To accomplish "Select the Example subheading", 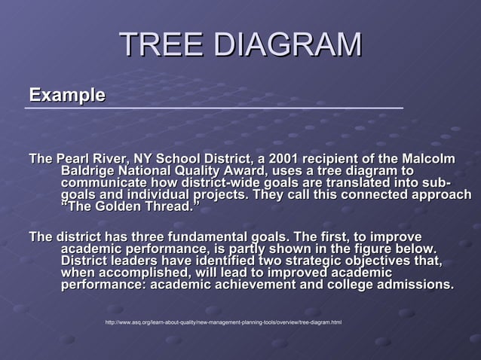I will (x=66, y=96).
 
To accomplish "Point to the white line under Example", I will (x=214, y=108).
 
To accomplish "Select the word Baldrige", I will (x=87, y=172).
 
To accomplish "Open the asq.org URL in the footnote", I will (x=223, y=322).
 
